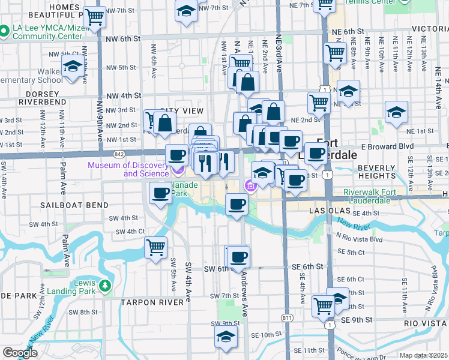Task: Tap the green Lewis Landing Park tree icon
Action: point(106,285)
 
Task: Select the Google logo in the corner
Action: point(20,353)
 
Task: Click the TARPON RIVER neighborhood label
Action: point(151,302)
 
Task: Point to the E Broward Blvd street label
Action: point(388,146)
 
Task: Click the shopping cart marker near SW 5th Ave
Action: point(156,247)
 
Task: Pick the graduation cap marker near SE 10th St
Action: point(226,336)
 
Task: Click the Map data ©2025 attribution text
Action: point(423,355)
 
